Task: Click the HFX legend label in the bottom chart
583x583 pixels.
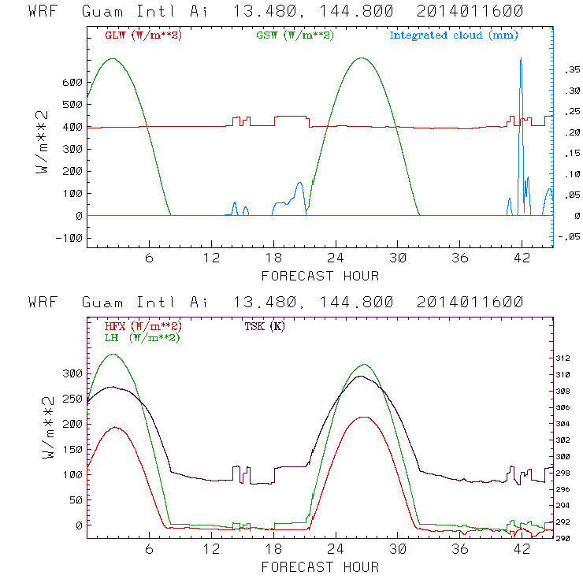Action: [x=143, y=325]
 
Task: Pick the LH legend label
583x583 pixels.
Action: [x=143, y=337]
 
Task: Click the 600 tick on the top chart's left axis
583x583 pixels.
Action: [x=72, y=82]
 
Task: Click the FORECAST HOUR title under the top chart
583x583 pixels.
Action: [x=320, y=276]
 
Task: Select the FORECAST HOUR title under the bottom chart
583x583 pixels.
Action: [x=320, y=566]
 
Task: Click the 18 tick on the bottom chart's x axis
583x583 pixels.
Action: [x=273, y=550]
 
